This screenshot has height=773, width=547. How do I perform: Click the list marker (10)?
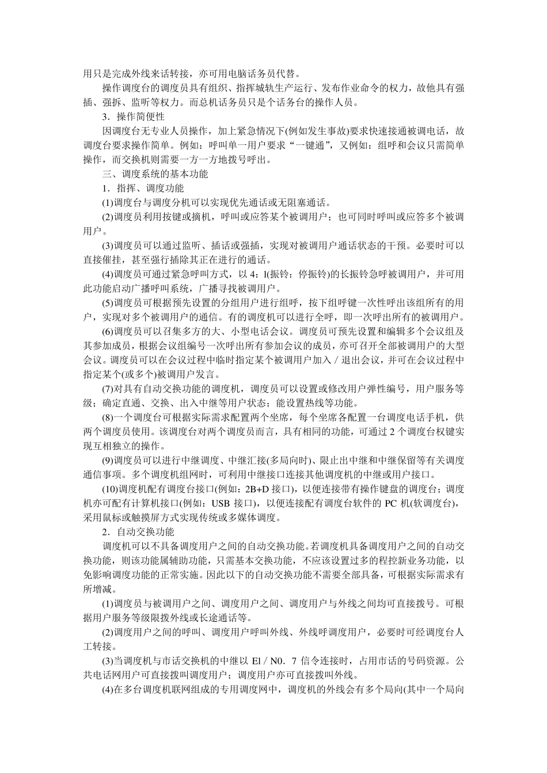pyautogui.click(x=110, y=489)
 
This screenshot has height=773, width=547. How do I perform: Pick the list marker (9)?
pyautogui.click(x=108, y=460)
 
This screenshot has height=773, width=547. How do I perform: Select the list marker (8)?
pyautogui.click(x=108, y=417)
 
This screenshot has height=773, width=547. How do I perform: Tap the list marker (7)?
pyautogui.click(x=108, y=388)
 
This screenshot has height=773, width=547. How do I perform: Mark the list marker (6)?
pyautogui.click(x=108, y=331)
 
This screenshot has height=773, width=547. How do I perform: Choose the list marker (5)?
pyautogui.click(x=108, y=303)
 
